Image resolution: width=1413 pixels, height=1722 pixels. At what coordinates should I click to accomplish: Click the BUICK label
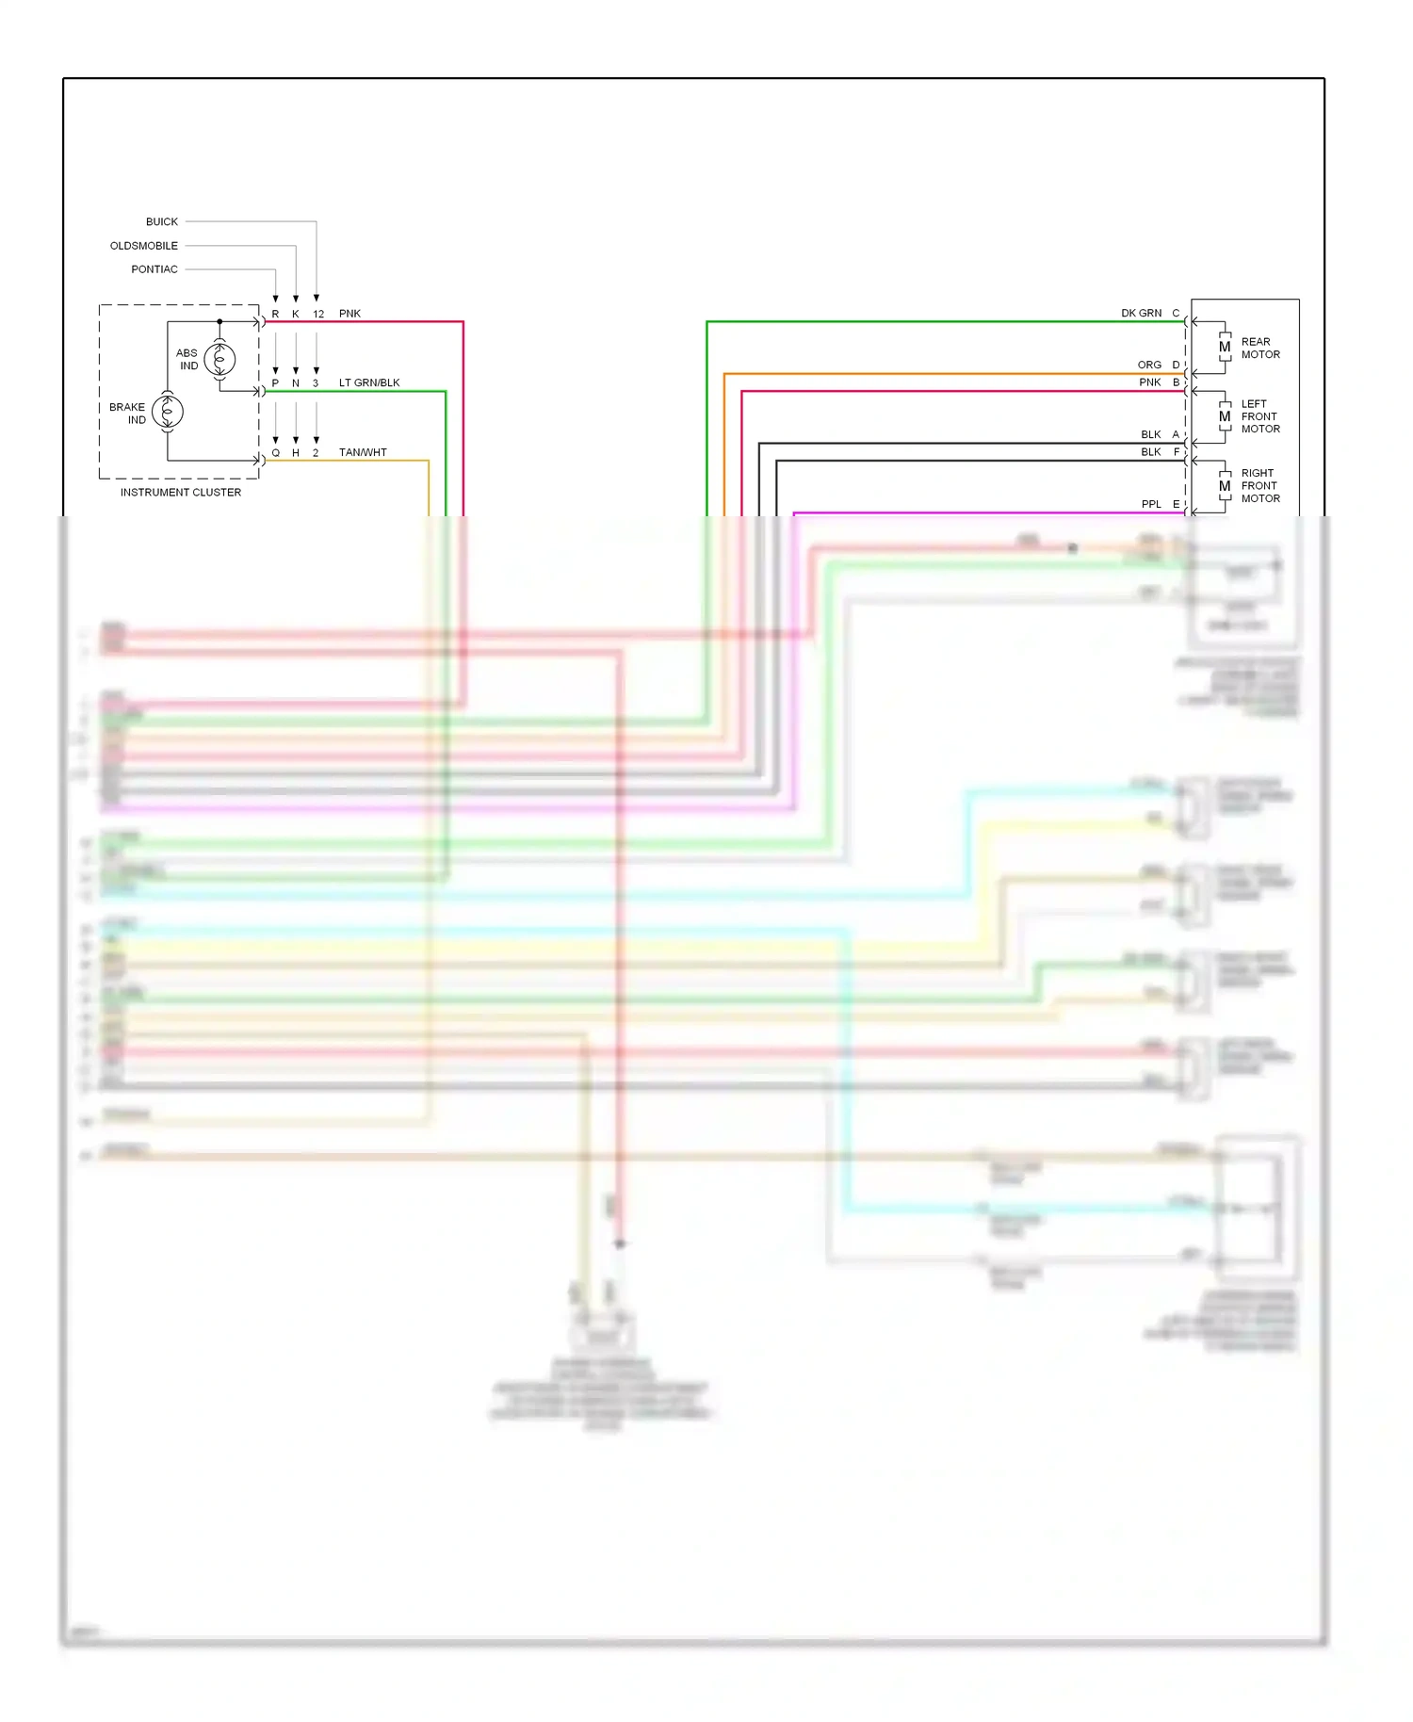coord(161,222)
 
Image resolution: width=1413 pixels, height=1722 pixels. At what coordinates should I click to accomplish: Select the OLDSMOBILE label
coord(143,246)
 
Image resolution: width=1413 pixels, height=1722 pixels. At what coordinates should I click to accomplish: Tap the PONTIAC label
coord(154,269)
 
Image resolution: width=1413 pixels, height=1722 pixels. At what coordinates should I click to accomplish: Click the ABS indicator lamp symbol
coord(219,359)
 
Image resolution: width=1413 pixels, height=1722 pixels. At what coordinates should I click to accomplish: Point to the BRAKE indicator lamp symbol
coord(168,412)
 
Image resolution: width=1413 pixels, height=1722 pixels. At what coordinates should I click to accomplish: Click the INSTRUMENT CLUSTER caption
coord(180,493)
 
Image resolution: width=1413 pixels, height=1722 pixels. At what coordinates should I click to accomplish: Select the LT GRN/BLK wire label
coord(369,383)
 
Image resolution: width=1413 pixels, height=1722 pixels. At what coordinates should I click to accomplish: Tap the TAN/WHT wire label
coord(363,453)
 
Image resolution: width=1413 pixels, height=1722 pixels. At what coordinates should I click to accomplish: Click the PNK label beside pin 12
coord(349,314)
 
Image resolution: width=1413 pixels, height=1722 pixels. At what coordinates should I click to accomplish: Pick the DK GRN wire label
coord(1141,314)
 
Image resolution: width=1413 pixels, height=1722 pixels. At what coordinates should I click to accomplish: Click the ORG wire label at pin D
coord(1149,366)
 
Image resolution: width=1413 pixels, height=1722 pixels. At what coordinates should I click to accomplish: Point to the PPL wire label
coord(1151,505)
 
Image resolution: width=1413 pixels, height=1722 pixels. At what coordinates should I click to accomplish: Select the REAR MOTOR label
coord(1260,349)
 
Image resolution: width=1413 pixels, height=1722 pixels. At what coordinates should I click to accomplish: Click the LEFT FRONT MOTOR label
coord(1260,416)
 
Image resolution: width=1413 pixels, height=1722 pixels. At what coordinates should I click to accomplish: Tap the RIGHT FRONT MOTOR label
coord(1260,486)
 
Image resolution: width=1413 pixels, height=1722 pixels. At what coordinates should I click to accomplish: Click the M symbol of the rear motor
coord(1225,348)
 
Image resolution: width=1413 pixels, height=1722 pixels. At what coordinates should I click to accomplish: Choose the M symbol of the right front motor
coord(1225,486)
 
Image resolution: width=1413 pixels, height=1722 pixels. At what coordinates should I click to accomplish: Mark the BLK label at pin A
coord(1151,435)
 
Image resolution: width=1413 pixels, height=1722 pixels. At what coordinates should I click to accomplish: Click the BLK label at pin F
coord(1151,452)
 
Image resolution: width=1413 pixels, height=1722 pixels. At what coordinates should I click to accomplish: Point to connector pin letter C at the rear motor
coord(1176,314)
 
